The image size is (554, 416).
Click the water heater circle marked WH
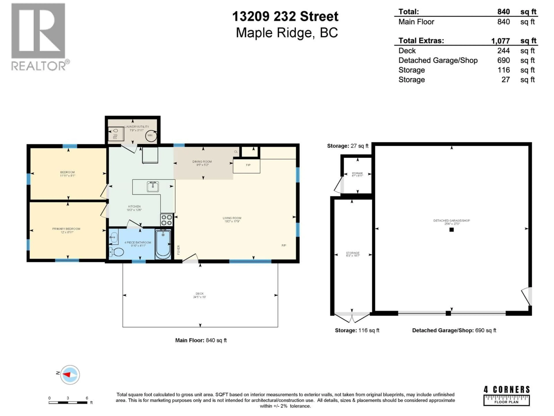(x=151, y=136)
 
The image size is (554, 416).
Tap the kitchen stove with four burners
(x=166, y=220)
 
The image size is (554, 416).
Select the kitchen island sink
(x=153, y=187)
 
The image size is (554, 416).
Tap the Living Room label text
(x=232, y=218)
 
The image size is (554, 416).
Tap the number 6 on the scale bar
(x=87, y=398)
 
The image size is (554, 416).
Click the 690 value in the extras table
(x=503, y=60)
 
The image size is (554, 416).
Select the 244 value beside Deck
(x=503, y=51)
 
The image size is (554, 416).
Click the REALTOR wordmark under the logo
(x=39, y=66)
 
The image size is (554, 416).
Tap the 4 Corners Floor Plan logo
(x=506, y=396)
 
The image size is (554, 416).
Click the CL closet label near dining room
(x=236, y=152)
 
